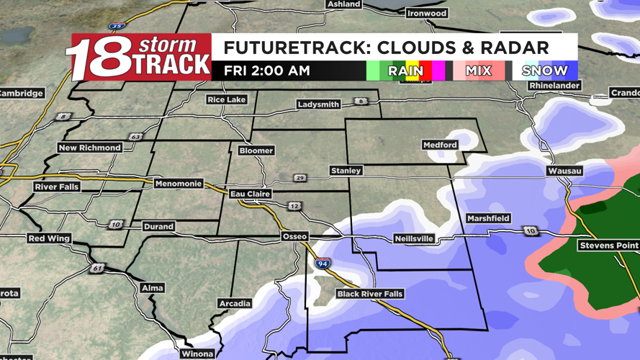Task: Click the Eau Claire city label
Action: click(250, 194)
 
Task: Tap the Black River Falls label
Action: click(370, 294)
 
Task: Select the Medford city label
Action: click(440, 145)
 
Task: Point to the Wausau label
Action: click(564, 171)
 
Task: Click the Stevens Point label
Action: click(608, 246)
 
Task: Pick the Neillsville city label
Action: click(414, 238)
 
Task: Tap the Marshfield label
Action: click(488, 218)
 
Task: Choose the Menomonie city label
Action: click(179, 184)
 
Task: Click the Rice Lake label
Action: click(226, 99)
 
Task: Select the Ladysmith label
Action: click(318, 104)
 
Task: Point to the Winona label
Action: click(197, 354)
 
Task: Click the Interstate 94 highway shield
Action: click(323, 264)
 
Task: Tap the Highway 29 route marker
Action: click(300, 178)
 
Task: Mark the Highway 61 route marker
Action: click(97, 269)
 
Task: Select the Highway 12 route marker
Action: click(294, 207)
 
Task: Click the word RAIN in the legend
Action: click(405, 71)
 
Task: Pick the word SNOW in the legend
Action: click(545, 71)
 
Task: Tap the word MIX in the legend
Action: click(478, 71)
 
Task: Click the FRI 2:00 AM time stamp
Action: click(267, 71)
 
